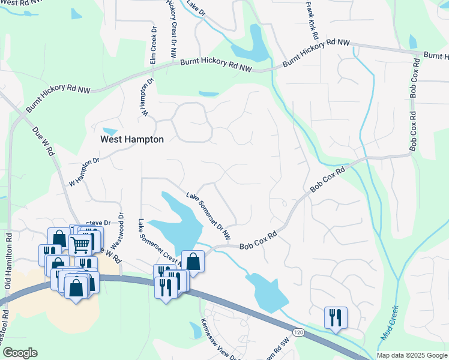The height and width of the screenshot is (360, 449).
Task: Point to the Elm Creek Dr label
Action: click(153, 46)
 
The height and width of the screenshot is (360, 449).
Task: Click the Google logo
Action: click(19, 353)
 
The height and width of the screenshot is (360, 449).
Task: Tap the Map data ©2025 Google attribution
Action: click(412, 355)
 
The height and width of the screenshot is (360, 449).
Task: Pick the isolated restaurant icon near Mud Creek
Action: click(336, 317)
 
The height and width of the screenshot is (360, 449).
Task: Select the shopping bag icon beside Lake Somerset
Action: click(193, 260)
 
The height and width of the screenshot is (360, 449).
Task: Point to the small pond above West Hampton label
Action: click(110, 131)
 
